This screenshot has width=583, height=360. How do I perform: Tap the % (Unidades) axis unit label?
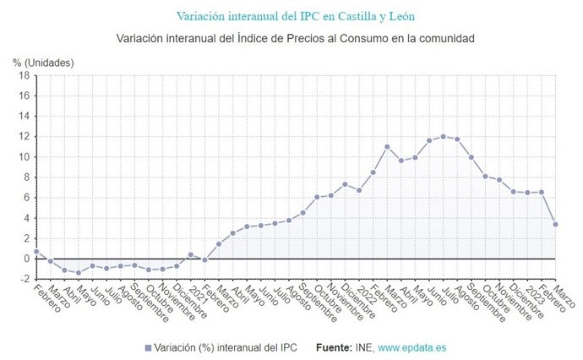43,63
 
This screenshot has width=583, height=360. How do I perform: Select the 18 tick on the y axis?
25,76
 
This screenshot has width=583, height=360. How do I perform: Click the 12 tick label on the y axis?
25,137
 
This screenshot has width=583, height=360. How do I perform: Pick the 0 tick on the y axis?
27,259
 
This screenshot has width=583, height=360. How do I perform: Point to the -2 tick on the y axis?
25,279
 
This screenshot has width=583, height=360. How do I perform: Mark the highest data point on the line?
443,136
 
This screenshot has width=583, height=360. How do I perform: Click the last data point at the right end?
554,224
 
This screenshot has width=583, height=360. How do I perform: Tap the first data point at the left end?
36,251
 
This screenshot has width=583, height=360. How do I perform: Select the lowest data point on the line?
78,272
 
